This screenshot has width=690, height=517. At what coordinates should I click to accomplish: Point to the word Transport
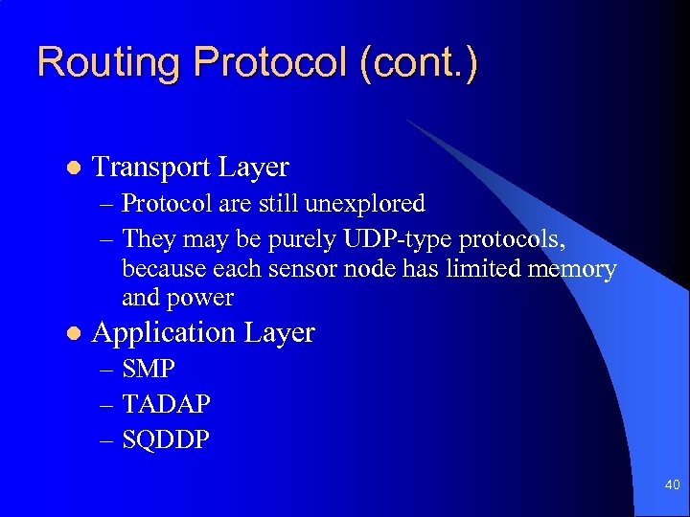150,168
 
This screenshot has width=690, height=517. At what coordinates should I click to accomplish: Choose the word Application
164,333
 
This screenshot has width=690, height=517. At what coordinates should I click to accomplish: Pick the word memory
572,269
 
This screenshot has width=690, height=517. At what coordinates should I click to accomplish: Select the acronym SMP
149,370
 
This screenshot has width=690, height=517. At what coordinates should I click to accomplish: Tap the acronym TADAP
167,405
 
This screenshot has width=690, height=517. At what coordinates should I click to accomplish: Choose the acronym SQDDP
167,440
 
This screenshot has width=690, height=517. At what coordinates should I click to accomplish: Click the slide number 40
672,486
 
